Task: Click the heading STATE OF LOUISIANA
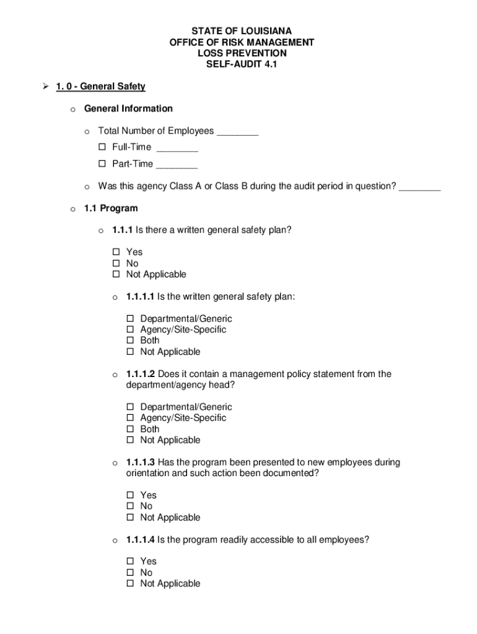(x=242, y=31)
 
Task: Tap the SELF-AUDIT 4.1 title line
(x=242, y=64)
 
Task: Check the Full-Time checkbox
(x=103, y=147)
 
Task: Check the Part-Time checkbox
(x=103, y=165)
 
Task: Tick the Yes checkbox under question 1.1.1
(x=116, y=252)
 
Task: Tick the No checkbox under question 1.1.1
(x=116, y=263)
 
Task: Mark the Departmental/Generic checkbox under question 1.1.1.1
(x=131, y=319)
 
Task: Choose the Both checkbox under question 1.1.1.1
(x=131, y=341)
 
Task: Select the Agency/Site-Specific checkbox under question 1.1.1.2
(x=131, y=418)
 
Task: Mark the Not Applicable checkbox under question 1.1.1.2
(x=131, y=440)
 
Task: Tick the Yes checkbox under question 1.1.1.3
(x=131, y=495)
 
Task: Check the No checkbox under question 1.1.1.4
(x=131, y=573)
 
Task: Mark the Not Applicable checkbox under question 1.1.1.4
(x=131, y=584)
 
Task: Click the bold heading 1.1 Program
(x=111, y=208)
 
